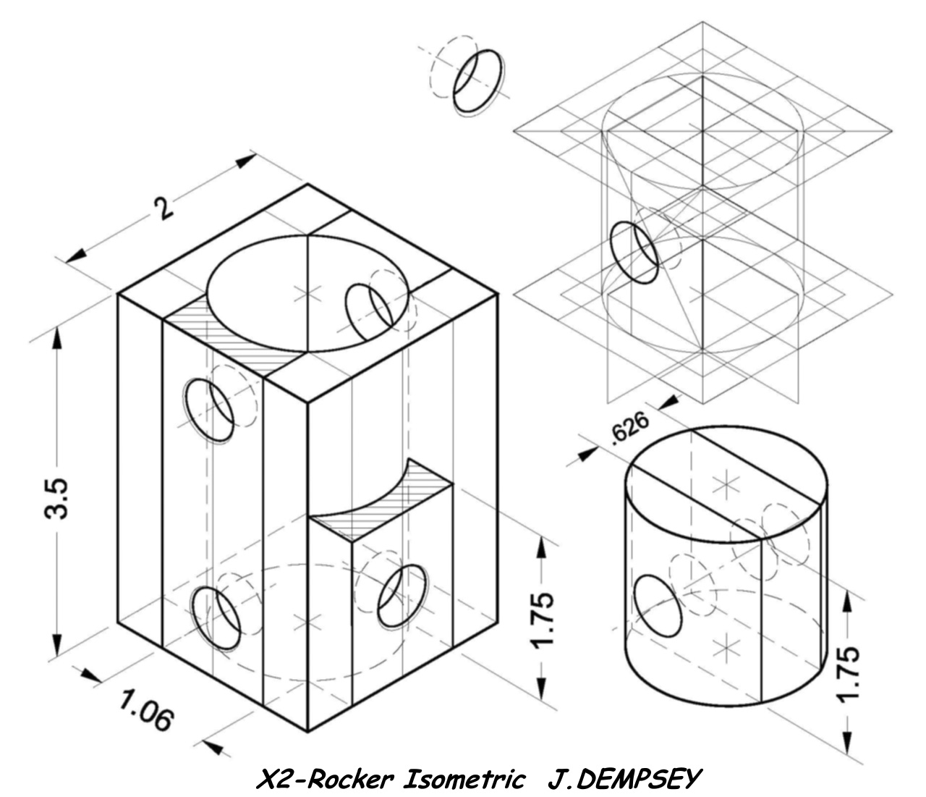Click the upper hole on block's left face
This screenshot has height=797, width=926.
[209, 410]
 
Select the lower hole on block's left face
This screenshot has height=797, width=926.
[216, 617]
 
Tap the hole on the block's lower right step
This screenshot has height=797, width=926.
[402, 596]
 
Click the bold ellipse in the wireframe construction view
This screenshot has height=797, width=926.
[634, 251]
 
